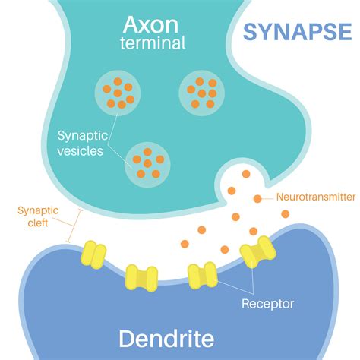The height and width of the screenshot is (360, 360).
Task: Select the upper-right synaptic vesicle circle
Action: (x=201, y=93)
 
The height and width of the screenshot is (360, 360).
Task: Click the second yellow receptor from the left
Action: (x=141, y=277)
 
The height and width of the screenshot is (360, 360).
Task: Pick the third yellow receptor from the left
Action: (x=203, y=275)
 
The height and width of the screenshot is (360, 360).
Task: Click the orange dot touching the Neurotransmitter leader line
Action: (x=257, y=199)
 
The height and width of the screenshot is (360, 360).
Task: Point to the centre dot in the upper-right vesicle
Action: (x=201, y=93)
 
